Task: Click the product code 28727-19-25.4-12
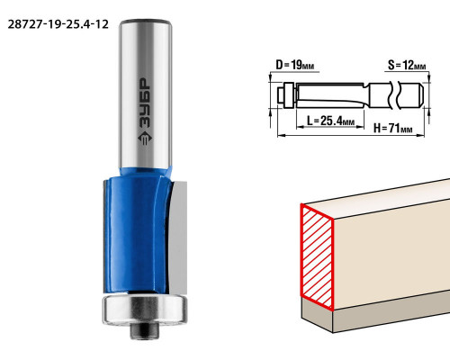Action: pyautogui.click(x=58, y=24)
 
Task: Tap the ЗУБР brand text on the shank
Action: pyautogui.click(x=145, y=103)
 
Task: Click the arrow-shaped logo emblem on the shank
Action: pyautogui.click(x=145, y=139)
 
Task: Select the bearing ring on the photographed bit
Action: pyautogui.click(x=145, y=310)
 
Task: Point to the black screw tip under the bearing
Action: pyautogui.click(x=145, y=330)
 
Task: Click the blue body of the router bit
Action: pyautogui.click(x=137, y=234)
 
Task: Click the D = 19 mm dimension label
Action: pyautogui.click(x=295, y=65)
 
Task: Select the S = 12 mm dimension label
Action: pyautogui.click(x=407, y=65)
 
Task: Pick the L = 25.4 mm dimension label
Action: pyautogui.click(x=330, y=121)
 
